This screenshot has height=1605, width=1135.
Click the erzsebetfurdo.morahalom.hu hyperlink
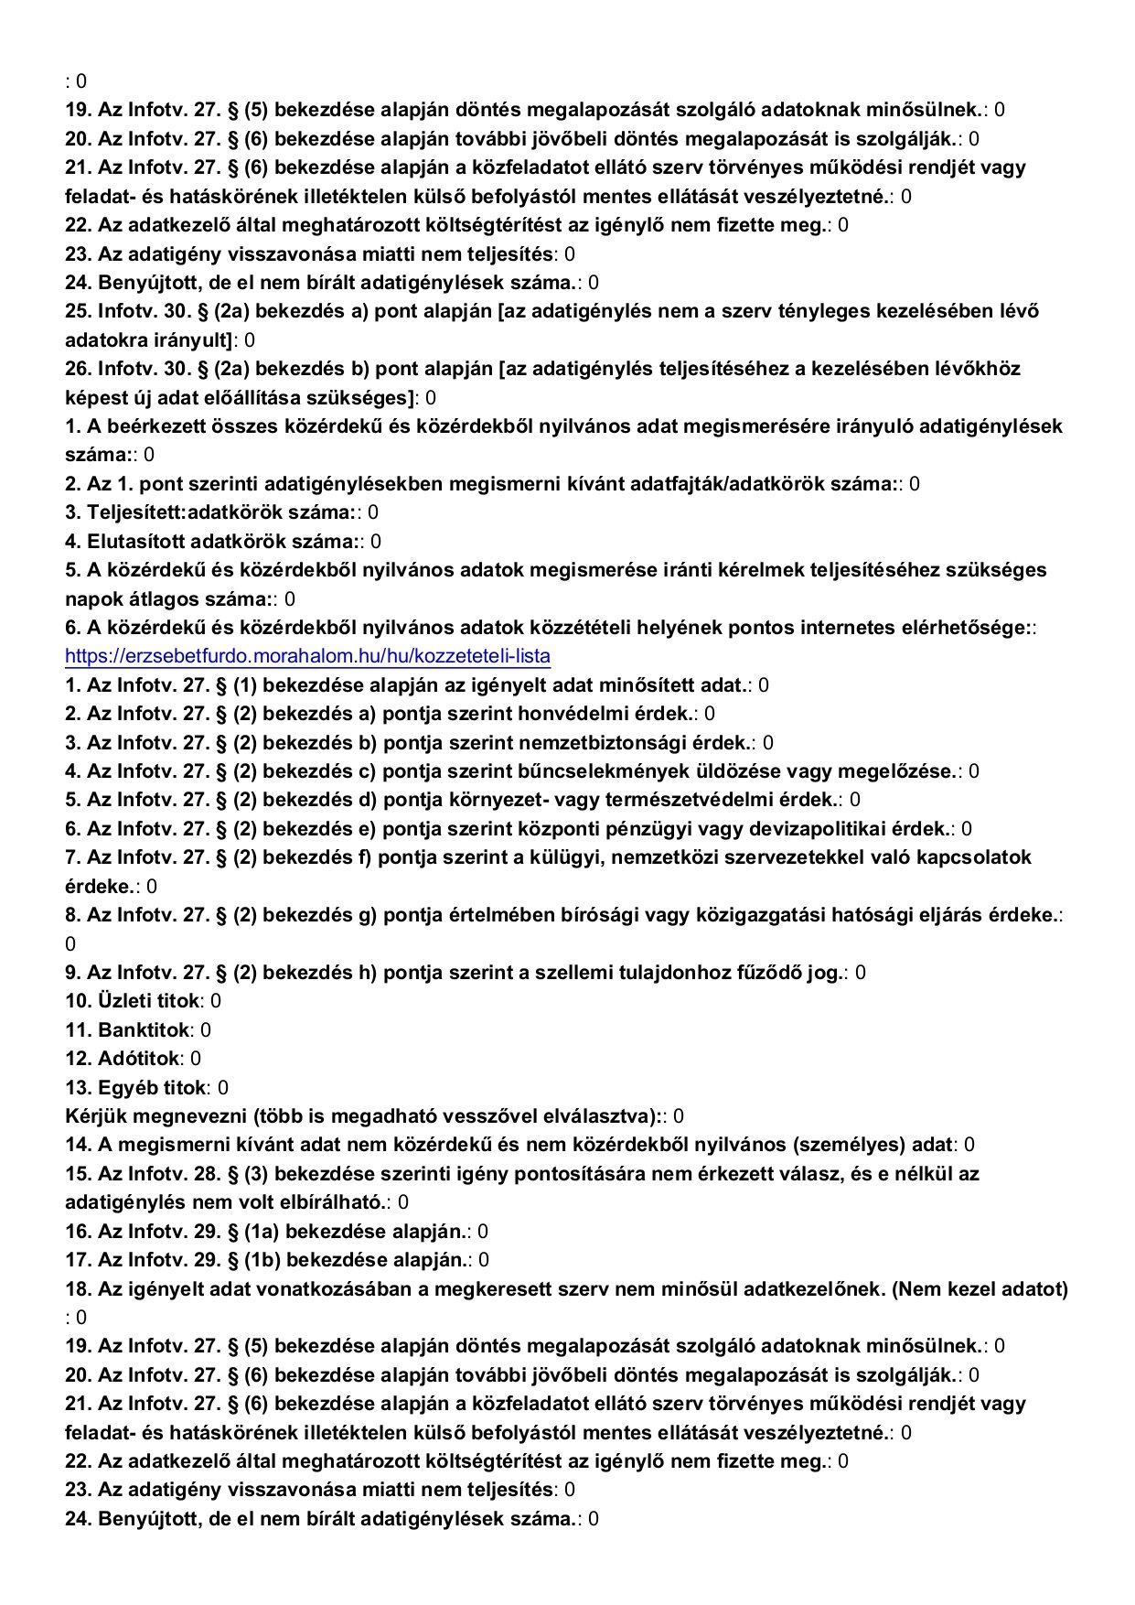pos(307,656)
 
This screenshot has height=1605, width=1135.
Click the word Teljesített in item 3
pos(134,512)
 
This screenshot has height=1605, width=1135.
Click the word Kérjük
pos(96,1115)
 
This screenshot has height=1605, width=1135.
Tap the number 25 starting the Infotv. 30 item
pos(77,311)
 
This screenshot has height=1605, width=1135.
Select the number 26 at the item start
pos(77,369)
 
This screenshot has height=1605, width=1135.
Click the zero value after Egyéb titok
pos(223,1087)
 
